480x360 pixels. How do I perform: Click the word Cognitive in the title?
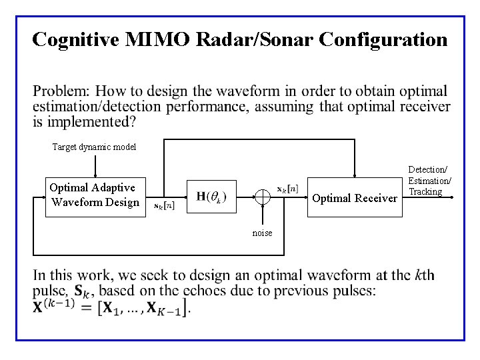(x=77, y=39)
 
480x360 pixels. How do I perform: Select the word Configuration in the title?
(x=383, y=39)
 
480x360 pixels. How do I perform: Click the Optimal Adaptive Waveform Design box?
(x=94, y=195)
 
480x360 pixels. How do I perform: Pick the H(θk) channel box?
(x=211, y=196)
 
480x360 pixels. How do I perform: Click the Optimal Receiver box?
(x=354, y=198)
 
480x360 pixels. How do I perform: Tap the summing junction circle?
(x=263, y=197)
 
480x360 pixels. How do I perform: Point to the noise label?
(x=262, y=233)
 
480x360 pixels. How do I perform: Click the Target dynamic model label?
(x=94, y=147)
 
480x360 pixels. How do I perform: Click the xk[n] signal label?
(x=287, y=189)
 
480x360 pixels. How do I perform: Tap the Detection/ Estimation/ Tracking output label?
(x=429, y=181)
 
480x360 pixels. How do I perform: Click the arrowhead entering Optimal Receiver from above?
(x=354, y=176)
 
